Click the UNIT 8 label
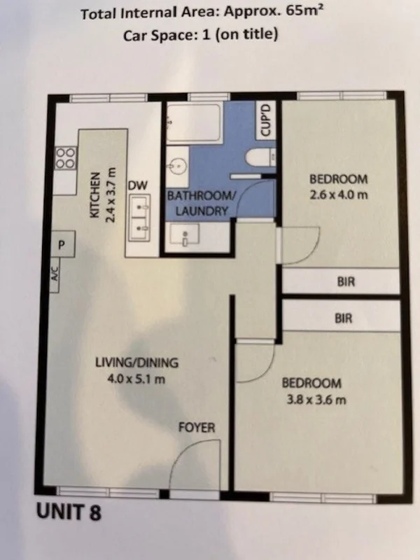(69, 512)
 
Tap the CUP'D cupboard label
(266, 120)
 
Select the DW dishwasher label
(138, 185)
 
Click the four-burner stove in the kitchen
(66, 158)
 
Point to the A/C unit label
(55, 274)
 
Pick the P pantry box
(62, 244)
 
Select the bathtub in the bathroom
(193, 122)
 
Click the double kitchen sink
(139, 218)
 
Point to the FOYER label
(197, 428)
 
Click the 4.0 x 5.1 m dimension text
(136, 379)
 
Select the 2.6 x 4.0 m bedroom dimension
(338, 195)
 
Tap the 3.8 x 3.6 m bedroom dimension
(316, 399)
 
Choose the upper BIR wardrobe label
(346, 282)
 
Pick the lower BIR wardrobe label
(344, 318)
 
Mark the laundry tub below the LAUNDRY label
(185, 234)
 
